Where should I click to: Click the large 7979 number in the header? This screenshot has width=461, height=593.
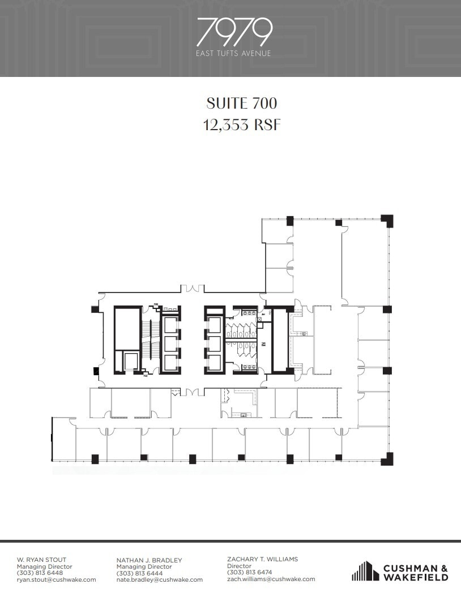coord(234,32)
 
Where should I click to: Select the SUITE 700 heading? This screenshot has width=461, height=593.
coord(242,104)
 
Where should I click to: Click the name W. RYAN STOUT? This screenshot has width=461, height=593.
coord(41,560)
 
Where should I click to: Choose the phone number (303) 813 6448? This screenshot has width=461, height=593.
coord(40,573)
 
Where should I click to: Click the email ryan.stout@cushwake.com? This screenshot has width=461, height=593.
coord(56,579)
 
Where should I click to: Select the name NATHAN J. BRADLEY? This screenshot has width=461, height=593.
coord(149,560)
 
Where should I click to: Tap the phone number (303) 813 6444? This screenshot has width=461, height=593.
coord(139,573)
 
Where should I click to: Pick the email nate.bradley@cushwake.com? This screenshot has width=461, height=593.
coord(159,579)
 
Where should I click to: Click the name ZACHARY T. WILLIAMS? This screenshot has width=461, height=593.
coord(262,559)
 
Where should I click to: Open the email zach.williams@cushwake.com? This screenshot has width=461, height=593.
coord(271,579)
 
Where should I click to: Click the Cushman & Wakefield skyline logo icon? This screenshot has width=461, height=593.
coord(365,571)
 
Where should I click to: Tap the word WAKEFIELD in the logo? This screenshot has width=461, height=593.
coord(416,577)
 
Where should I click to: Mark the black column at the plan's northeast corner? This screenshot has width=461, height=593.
coord(387,220)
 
